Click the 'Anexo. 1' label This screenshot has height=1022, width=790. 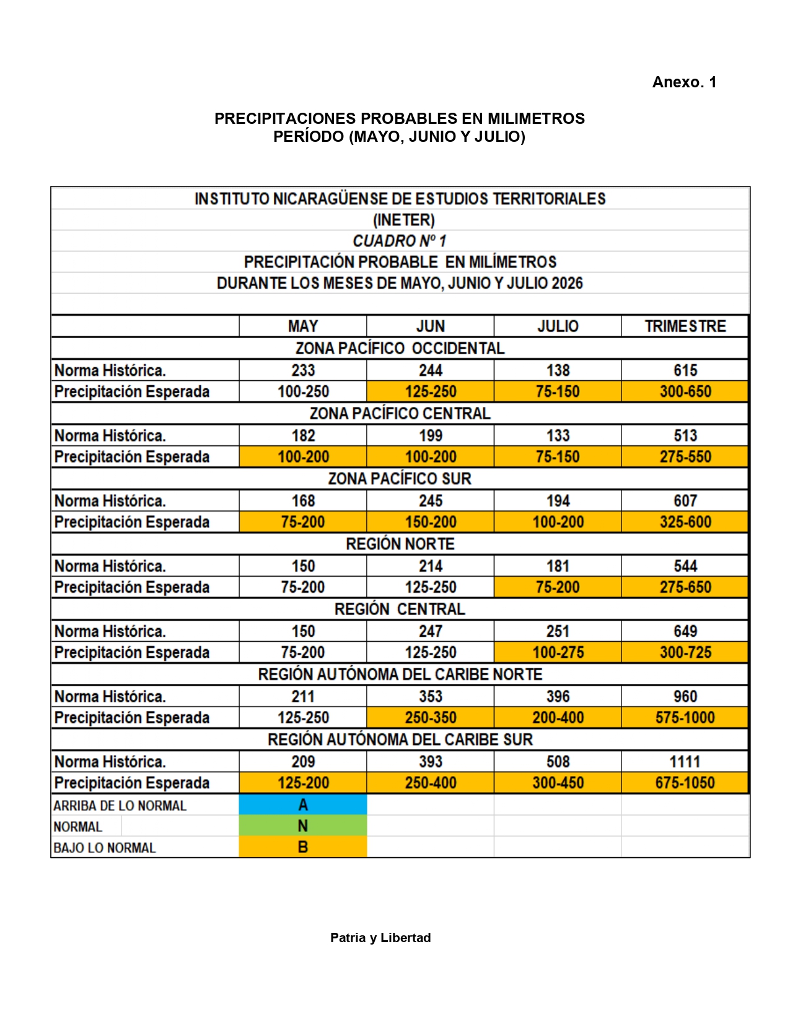pos(684,82)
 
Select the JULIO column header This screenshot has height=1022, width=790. pos(558,326)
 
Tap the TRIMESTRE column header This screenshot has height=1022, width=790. pos(685,326)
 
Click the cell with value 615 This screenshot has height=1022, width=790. pos(685,370)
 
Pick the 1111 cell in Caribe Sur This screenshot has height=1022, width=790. pos(685,762)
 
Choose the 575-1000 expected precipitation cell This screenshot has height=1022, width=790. pos(685,718)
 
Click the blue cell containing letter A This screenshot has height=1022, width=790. pos(303,805)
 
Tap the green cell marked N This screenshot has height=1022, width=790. pos(303,826)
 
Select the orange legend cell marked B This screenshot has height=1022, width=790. pos(303,847)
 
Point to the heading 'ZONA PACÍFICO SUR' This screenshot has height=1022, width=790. pos(400,479)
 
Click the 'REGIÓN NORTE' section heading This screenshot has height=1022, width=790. pos(400,544)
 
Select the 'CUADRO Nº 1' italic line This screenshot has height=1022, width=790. pos(400,241)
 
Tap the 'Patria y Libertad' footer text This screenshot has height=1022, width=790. pos(380,938)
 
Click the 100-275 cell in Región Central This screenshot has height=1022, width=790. pos(558,652)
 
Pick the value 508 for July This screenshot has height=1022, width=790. pos(558,762)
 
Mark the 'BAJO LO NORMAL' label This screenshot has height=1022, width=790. pos(105,848)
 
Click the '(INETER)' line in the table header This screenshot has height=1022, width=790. pos(403,220)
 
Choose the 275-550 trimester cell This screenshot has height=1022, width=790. pos(685,457)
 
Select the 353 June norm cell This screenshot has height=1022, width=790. pos(431,696)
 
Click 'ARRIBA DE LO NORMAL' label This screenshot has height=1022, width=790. pos(120,806)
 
